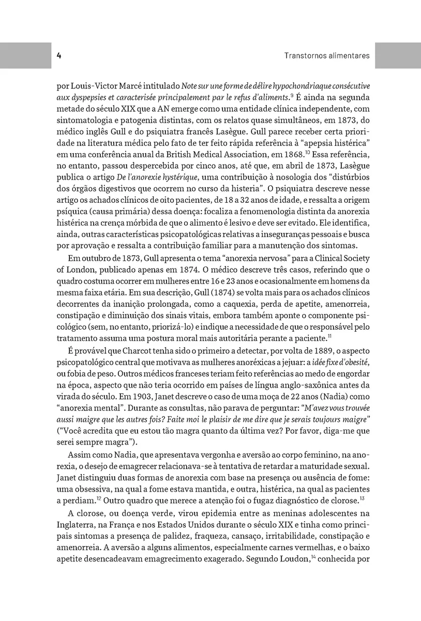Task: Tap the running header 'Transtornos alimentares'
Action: [327, 55]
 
